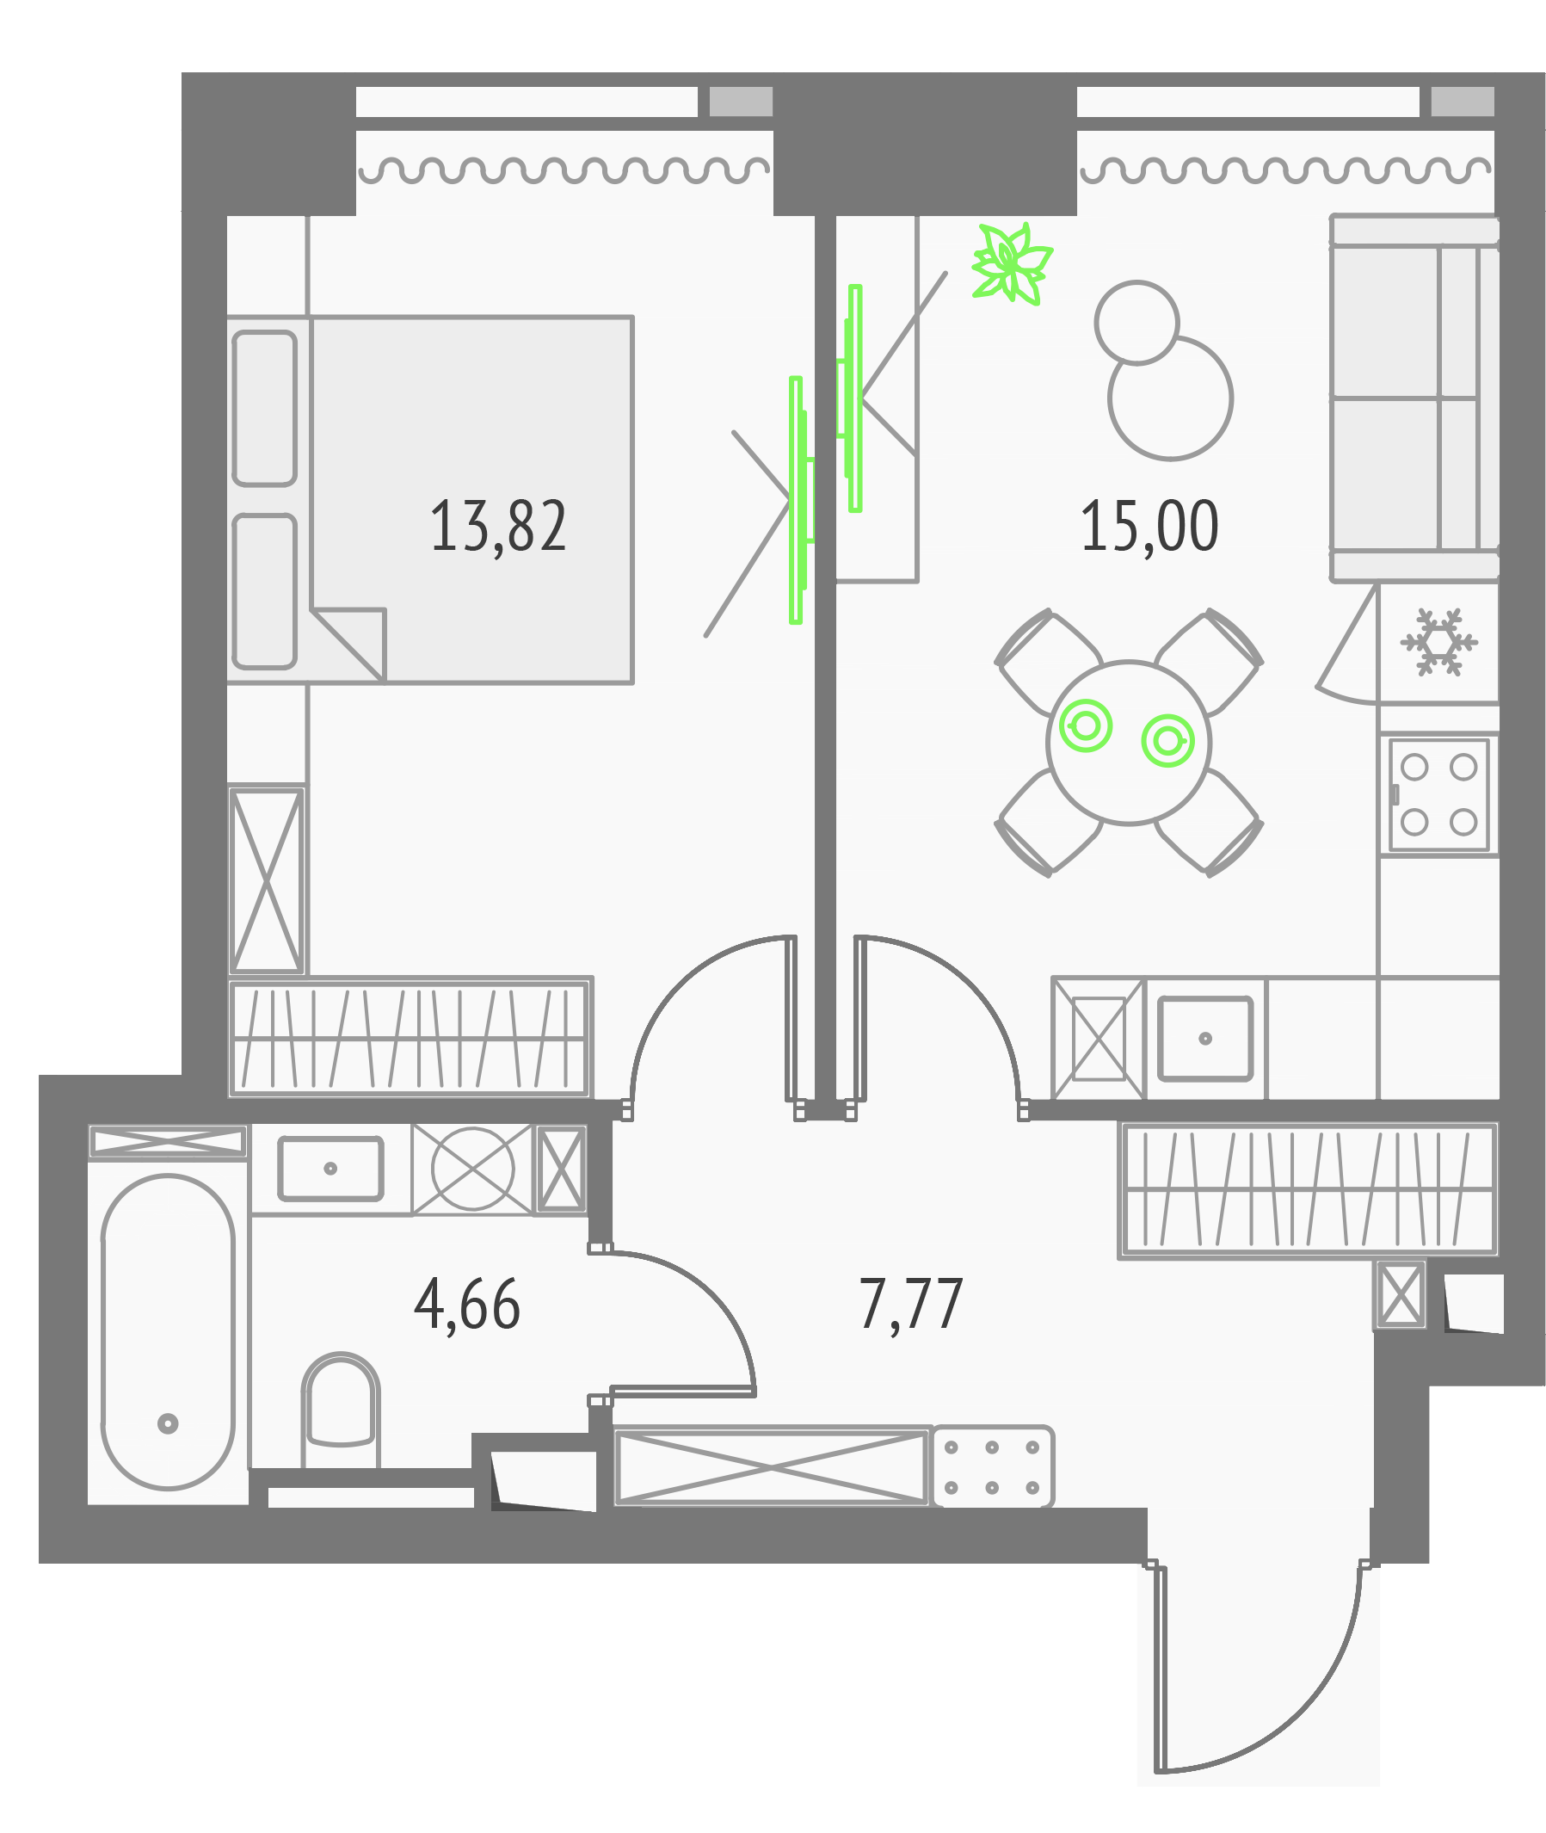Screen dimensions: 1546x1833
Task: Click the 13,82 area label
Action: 498,526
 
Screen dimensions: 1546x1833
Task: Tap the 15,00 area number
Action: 1149,526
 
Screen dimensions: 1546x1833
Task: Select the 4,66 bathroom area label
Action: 467,1305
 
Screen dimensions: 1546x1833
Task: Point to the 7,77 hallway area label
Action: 910,1305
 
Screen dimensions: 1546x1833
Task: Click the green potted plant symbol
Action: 1012,263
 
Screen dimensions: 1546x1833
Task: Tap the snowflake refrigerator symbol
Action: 1438,642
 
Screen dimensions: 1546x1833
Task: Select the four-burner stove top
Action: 1438,794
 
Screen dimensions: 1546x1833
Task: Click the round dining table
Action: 1129,743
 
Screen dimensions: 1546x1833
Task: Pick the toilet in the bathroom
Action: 340,1409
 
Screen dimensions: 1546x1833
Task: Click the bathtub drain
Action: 168,1423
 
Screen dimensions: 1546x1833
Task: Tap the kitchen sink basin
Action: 1205,1038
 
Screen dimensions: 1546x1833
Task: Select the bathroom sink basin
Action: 330,1168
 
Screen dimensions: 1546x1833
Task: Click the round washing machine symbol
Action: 472,1169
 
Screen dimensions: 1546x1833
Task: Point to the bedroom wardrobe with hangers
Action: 410,1037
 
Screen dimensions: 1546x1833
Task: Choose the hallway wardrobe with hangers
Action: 1308,1189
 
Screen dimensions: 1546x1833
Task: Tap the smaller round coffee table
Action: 1136,323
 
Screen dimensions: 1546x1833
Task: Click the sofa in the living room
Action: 1414,398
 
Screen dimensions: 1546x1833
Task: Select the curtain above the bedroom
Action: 564,170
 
